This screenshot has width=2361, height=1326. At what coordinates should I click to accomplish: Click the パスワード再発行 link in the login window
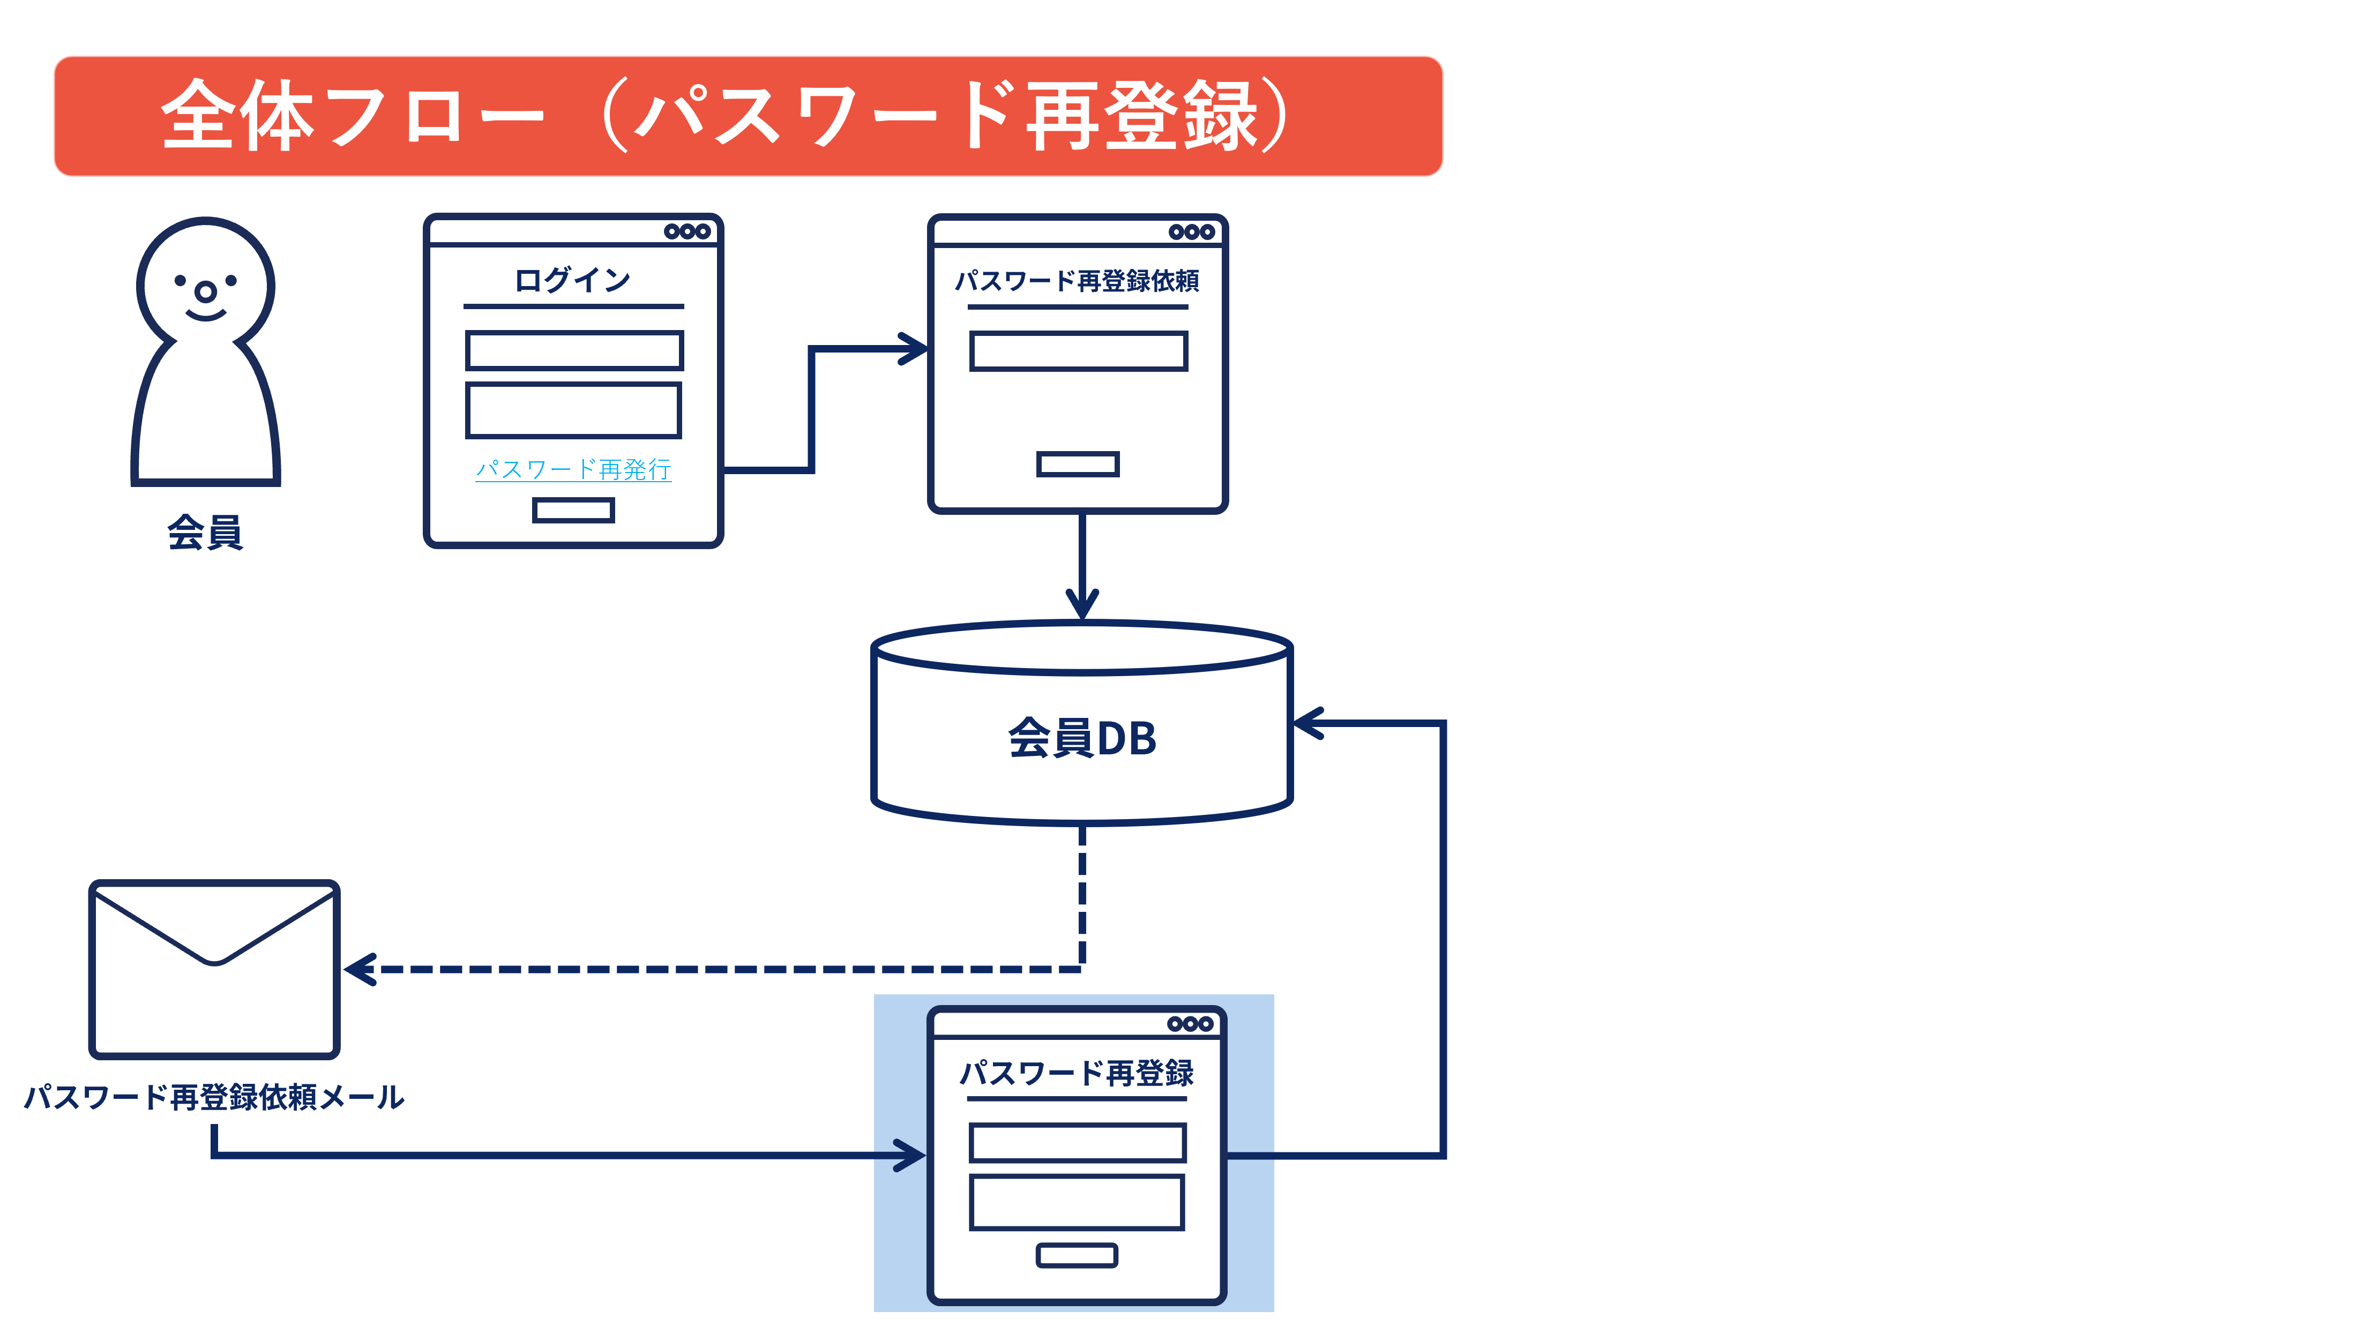573,469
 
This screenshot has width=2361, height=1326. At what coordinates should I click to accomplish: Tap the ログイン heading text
573,280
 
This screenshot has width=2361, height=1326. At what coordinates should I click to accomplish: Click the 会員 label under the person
205,531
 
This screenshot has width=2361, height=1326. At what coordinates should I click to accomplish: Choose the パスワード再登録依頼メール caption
214,1097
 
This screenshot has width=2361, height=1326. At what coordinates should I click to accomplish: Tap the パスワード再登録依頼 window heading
1077,280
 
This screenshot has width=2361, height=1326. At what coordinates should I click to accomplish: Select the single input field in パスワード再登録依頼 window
1079,351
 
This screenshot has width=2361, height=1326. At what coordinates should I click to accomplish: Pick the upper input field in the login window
574,350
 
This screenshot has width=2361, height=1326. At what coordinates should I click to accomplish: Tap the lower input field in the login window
574,410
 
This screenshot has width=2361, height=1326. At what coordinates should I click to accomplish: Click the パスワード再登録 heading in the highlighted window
1077,1072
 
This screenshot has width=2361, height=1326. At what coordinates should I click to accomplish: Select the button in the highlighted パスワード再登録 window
1077,1255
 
